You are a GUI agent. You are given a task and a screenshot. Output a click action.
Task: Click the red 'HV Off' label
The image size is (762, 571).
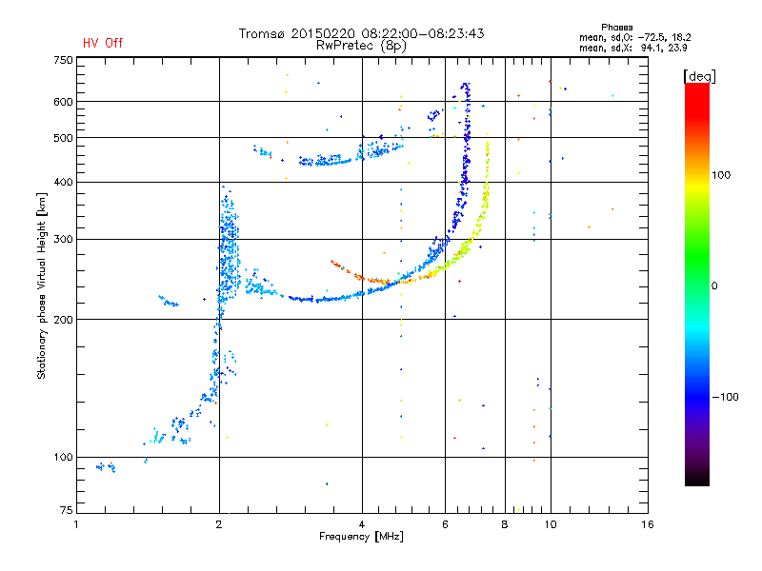103,43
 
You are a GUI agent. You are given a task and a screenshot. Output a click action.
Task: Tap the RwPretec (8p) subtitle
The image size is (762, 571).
361,46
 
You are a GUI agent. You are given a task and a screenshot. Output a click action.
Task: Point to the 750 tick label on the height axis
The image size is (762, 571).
64,60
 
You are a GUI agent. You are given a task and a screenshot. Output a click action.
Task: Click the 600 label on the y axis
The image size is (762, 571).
64,102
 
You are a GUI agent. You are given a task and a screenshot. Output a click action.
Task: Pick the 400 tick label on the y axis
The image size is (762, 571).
64,182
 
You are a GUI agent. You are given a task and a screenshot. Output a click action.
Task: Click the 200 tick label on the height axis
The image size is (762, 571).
64,320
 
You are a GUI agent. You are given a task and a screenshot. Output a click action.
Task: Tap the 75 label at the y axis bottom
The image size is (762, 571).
67,510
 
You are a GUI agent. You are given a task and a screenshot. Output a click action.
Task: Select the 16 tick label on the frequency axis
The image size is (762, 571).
648,524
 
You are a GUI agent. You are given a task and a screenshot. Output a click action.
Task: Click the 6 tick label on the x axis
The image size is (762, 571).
445,524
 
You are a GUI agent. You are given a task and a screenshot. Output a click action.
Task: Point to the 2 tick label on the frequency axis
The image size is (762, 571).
219,524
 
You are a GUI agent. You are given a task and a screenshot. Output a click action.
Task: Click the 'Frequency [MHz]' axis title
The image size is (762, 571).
361,537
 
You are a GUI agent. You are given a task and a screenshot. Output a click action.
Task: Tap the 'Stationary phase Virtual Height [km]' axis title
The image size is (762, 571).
42,286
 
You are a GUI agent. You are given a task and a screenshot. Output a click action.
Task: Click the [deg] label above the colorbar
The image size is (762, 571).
699,76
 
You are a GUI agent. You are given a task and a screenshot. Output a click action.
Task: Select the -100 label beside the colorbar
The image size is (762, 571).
725,397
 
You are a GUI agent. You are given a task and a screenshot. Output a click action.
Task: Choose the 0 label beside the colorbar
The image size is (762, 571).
714,286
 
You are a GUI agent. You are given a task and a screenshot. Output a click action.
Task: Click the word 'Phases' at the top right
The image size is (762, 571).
616,28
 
